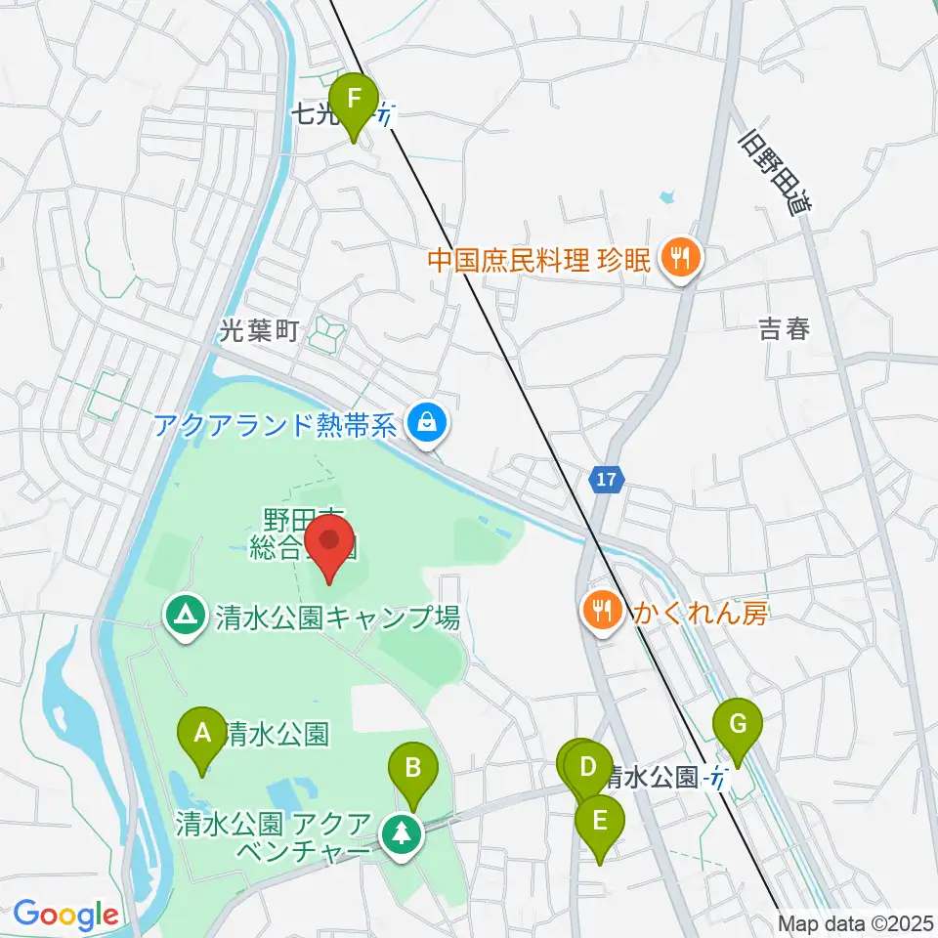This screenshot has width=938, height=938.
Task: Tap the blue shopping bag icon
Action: (x=427, y=423)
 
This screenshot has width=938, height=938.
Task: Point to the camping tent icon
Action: (x=184, y=617)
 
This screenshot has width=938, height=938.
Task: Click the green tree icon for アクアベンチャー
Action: (x=401, y=833)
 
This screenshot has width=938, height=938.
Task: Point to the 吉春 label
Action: (x=785, y=330)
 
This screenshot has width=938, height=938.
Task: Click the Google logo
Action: (x=65, y=916)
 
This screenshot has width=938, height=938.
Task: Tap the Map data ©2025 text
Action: (x=857, y=923)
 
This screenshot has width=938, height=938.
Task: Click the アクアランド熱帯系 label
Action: (x=275, y=425)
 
